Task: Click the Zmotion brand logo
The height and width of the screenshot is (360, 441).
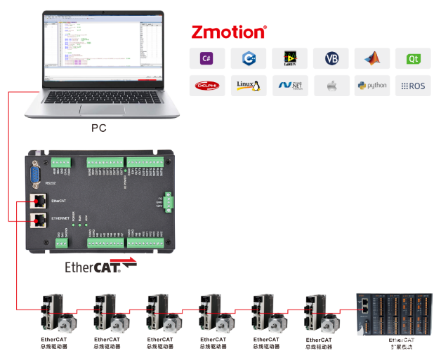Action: [x=229, y=32]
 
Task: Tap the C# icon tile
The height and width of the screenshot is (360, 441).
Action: [x=207, y=58]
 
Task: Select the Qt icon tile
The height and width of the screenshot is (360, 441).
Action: [x=413, y=58]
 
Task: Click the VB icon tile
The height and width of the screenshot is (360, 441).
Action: [x=331, y=58]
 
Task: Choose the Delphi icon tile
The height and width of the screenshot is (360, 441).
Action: [x=207, y=86]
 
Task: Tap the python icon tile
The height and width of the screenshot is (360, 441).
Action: [x=372, y=86]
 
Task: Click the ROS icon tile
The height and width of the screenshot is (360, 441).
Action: [x=413, y=86]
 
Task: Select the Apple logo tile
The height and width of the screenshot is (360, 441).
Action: [x=331, y=86]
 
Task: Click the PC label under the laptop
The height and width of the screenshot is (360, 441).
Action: [x=99, y=128]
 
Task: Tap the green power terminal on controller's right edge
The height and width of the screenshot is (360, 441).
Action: [x=168, y=202]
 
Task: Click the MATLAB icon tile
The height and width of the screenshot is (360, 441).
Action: [x=372, y=58]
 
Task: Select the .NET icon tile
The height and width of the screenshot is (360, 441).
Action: [x=289, y=86]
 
